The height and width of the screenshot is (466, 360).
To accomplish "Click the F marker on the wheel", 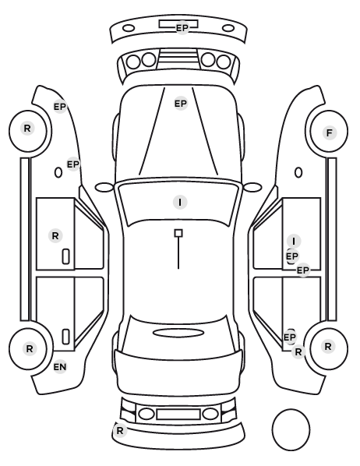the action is (x=329, y=132).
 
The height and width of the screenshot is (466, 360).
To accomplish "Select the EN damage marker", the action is (x=60, y=367).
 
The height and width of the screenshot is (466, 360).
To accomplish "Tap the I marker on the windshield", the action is (x=180, y=203).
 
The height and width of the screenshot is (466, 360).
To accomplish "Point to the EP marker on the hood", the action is (x=181, y=104).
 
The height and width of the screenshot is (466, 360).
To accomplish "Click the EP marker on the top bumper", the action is (x=182, y=28).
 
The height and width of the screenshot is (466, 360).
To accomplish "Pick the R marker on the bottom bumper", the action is (x=120, y=430).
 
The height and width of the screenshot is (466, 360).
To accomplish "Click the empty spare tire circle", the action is (x=291, y=429).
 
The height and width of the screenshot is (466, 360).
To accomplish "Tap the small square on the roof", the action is (x=178, y=233).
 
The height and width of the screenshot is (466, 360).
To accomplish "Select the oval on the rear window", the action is (x=178, y=333).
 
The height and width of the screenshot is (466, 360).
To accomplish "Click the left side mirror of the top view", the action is (x=104, y=188).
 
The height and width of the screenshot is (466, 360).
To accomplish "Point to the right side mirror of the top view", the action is (x=252, y=188).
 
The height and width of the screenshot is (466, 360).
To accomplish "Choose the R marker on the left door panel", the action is (x=55, y=236).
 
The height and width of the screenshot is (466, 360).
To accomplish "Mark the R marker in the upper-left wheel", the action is (x=27, y=129).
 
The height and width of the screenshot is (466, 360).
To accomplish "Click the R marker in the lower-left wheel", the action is (x=29, y=348).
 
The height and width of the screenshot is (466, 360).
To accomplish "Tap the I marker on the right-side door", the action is (x=294, y=241).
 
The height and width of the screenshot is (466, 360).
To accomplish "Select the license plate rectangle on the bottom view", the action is (x=178, y=414).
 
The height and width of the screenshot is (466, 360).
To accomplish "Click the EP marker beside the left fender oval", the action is (x=73, y=164).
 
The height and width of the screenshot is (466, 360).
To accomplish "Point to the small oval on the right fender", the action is (x=298, y=172).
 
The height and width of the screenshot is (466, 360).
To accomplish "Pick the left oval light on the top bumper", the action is (x=129, y=29).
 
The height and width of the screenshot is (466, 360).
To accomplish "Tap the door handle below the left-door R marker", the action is (x=65, y=256).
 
